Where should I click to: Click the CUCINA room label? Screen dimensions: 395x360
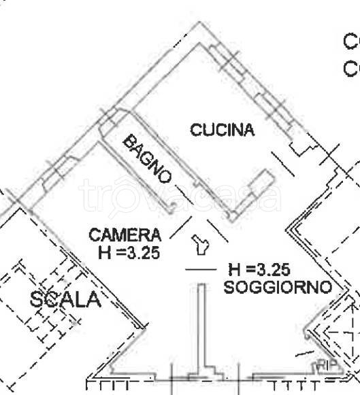222,129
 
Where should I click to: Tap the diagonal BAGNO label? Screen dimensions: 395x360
146,158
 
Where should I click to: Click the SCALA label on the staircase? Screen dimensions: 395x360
66,299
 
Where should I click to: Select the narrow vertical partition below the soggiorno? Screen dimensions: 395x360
201,326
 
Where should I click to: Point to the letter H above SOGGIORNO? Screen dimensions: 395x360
234,270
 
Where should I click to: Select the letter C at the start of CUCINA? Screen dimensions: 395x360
195,129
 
